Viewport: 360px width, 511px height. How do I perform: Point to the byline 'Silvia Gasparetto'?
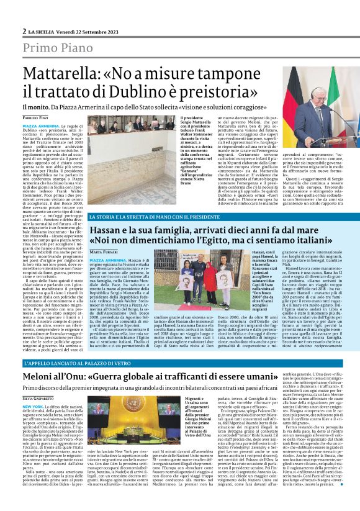40,397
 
